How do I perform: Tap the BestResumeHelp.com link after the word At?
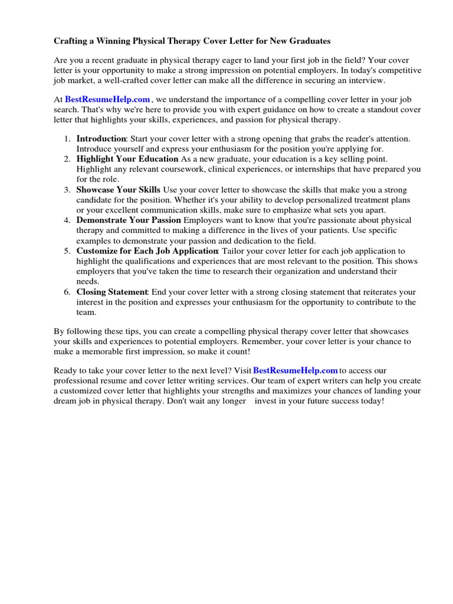(x=107, y=100)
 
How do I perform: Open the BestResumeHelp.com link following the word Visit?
(x=295, y=370)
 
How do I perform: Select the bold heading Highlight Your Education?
(x=127, y=159)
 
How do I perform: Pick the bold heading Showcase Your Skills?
(x=118, y=190)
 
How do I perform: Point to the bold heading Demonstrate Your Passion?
(x=129, y=221)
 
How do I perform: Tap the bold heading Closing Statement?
(x=112, y=292)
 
